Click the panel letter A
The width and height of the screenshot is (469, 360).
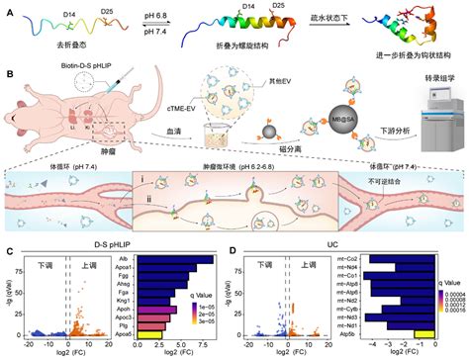(x=7, y=8)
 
